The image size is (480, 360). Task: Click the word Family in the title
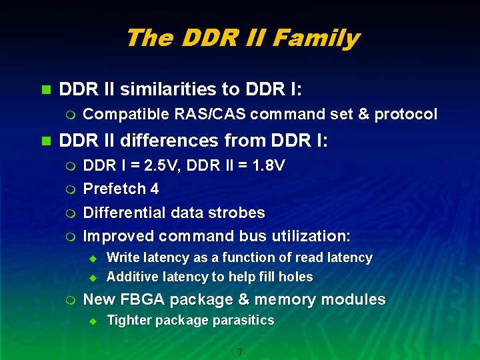321,39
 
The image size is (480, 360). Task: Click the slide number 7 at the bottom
239,351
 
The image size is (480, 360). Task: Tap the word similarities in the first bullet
157,89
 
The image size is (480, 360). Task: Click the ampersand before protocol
363,115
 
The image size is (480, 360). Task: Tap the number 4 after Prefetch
155,189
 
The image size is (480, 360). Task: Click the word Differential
123,213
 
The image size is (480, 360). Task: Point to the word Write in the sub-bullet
123,257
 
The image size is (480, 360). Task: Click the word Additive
131,277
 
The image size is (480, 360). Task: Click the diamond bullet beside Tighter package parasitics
93,321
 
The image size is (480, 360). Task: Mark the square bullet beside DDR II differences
45,141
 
